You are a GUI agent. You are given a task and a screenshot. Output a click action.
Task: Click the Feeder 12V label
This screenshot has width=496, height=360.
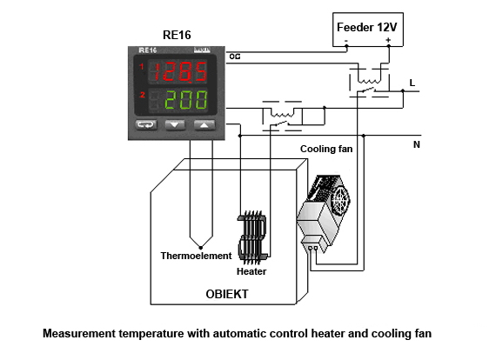click(x=366, y=27)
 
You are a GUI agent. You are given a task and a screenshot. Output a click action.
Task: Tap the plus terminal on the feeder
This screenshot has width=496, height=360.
click(x=388, y=40)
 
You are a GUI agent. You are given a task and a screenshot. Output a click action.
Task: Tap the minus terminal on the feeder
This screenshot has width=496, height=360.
click(x=346, y=41)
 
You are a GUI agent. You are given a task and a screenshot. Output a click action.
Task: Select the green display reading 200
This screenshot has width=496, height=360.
click(x=186, y=99)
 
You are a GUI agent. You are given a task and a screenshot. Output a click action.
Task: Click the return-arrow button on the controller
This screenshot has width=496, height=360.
click(x=146, y=124)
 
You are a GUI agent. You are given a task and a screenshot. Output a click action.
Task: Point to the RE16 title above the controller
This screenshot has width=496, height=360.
click(x=177, y=35)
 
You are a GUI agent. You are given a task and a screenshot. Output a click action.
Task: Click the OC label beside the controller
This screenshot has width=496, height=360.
click(x=235, y=57)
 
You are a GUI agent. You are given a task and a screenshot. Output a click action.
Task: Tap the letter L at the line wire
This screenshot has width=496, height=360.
click(x=412, y=83)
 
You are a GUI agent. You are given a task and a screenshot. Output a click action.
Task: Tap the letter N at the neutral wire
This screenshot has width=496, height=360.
click(x=417, y=144)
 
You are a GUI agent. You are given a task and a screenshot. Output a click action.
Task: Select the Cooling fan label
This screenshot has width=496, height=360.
click(x=326, y=149)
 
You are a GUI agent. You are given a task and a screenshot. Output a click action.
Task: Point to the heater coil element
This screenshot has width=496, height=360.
click(x=252, y=237)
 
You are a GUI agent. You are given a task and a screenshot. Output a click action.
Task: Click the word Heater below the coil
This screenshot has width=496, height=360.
click(x=251, y=271)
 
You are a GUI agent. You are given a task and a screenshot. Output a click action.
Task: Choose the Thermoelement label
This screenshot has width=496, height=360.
click(x=196, y=256)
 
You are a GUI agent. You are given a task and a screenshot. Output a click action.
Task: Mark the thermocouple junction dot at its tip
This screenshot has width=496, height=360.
click(x=200, y=248)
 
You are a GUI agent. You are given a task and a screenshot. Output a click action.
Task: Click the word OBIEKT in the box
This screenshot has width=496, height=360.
click(x=227, y=294)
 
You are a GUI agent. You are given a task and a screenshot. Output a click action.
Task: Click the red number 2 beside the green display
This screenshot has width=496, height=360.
click(x=143, y=95)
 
